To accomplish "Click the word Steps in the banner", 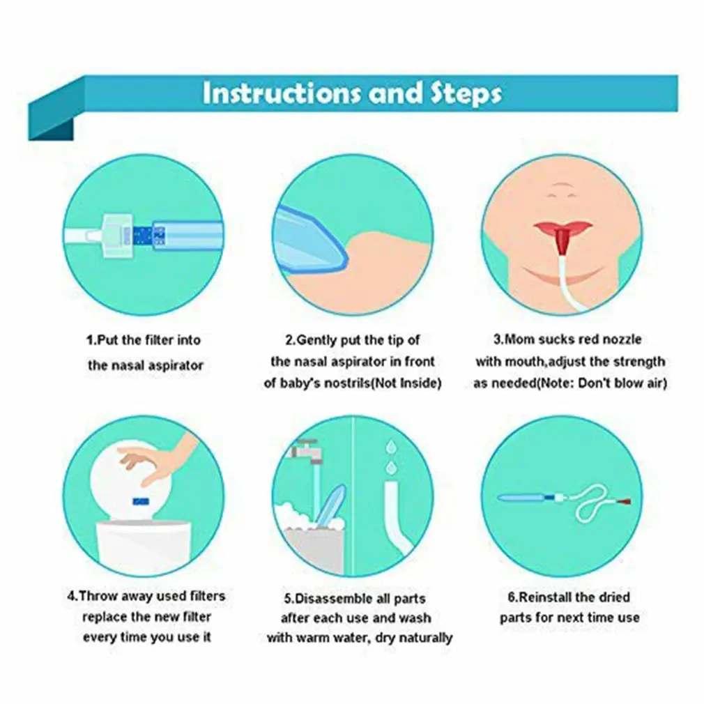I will click(x=464, y=93).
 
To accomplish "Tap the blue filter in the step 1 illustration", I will click(x=143, y=235).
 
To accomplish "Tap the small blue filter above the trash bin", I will click(x=141, y=499).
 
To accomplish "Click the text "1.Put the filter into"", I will click(x=144, y=340).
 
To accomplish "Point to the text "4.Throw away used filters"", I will click(x=146, y=597).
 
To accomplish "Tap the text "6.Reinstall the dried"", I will click(x=565, y=597).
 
